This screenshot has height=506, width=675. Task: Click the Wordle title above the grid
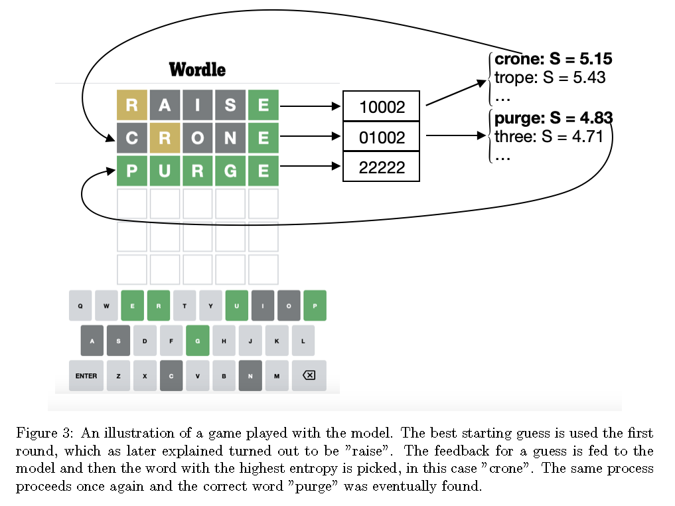tap(197, 70)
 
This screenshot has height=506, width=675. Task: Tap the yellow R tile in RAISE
tap(131, 105)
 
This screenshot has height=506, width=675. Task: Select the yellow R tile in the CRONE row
tap(165, 138)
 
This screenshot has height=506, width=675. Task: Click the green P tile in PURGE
tap(131, 171)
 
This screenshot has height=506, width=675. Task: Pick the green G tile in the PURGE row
tap(230, 171)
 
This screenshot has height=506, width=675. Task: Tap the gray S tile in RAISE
tap(230, 105)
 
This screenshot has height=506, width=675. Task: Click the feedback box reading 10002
tap(382, 106)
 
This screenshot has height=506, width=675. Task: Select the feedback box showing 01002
tap(382, 137)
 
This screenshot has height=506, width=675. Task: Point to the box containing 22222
tap(382, 167)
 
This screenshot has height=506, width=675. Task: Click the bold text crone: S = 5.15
tap(553, 58)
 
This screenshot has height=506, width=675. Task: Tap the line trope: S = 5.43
tap(550, 78)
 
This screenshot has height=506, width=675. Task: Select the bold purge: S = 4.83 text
tap(554, 118)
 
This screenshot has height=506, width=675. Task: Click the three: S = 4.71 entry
tap(548, 137)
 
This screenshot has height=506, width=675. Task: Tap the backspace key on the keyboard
tap(309, 376)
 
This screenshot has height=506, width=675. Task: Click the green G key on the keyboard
tap(198, 341)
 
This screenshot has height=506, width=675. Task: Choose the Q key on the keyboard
tap(80, 305)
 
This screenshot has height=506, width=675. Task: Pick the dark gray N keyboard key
tap(250, 376)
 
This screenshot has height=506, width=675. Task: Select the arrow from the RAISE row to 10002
tap(311, 106)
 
